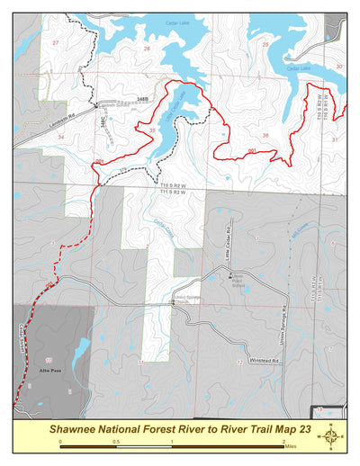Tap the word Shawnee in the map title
click(82, 430)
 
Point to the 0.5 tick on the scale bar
click(116, 442)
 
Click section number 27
click(56, 43)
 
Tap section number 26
click(147, 49)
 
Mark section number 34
click(60, 136)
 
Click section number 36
click(265, 135)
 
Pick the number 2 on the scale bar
click(283, 442)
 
